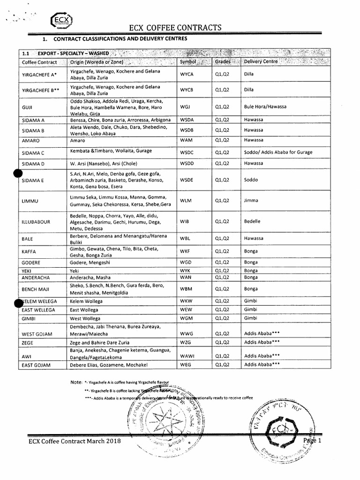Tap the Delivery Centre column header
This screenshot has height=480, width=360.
coord(261,61)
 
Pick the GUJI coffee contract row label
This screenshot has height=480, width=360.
coord(27,107)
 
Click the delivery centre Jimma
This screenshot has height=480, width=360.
coord(251,201)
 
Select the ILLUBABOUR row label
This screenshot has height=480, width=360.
coord(36,221)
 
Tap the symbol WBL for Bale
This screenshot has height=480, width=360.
coord(185,239)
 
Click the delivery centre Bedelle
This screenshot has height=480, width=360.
coord(252,221)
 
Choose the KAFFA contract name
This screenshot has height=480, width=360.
coord(29,252)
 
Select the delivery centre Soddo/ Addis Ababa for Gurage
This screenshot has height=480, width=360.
coord(278,152)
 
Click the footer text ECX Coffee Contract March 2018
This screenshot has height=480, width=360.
coord(75,441)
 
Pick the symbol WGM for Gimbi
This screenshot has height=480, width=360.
coord(187,318)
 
